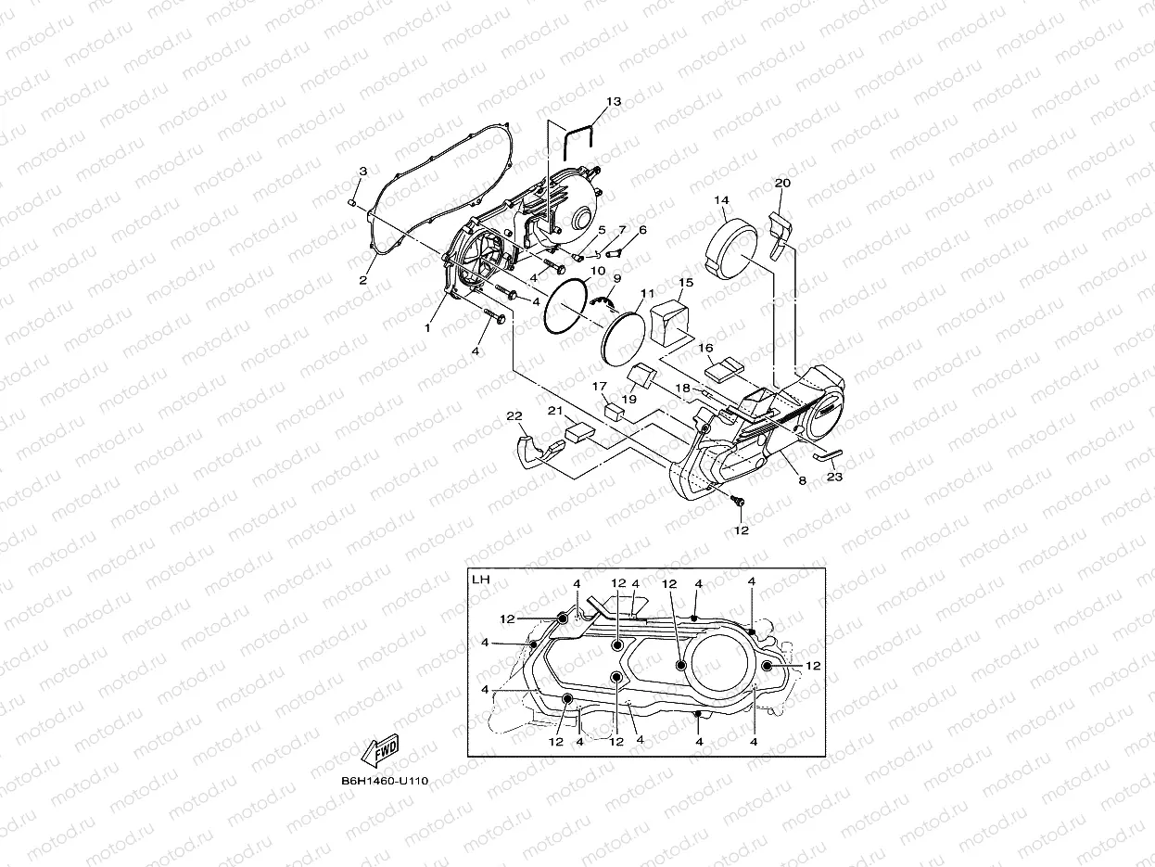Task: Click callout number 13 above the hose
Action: (x=614, y=101)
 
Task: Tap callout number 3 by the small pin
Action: (x=362, y=171)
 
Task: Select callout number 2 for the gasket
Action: (x=363, y=280)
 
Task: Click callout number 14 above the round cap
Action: (x=721, y=200)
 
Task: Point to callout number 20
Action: (x=782, y=184)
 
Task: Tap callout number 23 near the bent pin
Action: (x=834, y=477)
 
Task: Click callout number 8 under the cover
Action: (x=802, y=480)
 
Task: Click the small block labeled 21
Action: (x=580, y=431)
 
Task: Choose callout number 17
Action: (x=600, y=387)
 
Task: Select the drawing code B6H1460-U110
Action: (x=384, y=782)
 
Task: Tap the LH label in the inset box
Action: (x=480, y=580)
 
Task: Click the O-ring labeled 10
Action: (x=565, y=307)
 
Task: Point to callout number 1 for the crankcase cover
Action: (x=428, y=327)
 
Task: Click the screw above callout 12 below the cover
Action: (x=740, y=502)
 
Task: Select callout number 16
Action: (x=705, y=350)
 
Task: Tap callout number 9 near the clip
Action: (x=616, y=278)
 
